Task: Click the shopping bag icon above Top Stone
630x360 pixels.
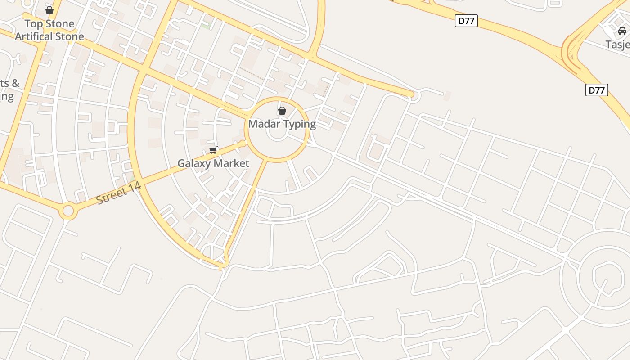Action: pyautogui.click(x=49, y=10)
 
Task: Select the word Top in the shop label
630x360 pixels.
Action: pyautogui.click(x=32, y=23)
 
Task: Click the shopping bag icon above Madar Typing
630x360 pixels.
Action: pyautogui.click(x=282, y=110)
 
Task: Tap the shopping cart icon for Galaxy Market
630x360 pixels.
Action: pyautogui.click(x=213, y=150)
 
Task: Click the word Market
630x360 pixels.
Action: pyautogui.click(x=232, y=163)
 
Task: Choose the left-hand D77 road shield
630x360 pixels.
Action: pyautogui.click(x=466, y=21)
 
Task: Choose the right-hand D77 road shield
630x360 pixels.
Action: pyautogui.click(x=597, y=90)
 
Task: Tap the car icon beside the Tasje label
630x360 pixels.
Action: pyautogui.click(x=622, y=31)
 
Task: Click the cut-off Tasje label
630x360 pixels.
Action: pyautogui.click(x=617, y=45)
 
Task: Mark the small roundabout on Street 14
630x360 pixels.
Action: pyautogui.click(x=68, y=210)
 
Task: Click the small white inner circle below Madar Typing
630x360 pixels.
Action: pyautogui.click(x=277, y=133)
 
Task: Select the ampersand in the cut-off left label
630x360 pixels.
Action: pyautogui.click(x=15, y=83)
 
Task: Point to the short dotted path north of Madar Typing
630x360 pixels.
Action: pyautogui.click(x=251, y=73)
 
